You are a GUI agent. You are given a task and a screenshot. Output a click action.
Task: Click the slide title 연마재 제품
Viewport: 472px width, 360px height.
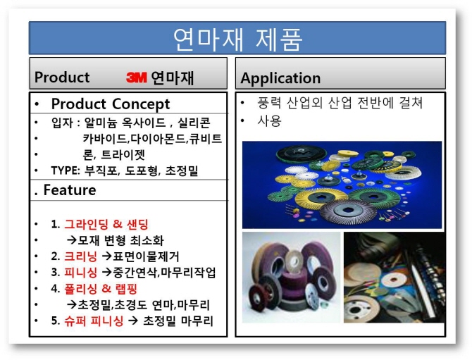237,39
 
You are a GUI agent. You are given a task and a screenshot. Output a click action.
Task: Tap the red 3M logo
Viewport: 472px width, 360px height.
137,77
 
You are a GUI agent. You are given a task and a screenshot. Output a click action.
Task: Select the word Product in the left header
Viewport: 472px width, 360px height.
62,77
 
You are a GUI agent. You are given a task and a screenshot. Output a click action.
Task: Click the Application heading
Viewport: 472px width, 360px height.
280,78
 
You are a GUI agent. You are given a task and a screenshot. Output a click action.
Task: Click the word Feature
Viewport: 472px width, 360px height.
70,190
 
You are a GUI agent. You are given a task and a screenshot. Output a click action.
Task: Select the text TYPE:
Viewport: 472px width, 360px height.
66,170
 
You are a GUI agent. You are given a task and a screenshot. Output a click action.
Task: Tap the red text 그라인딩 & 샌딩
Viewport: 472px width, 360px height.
106,224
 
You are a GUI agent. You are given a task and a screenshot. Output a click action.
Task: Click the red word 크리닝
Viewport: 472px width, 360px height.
81,256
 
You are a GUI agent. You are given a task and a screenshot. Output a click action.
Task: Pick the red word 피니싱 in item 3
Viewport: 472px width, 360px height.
81,272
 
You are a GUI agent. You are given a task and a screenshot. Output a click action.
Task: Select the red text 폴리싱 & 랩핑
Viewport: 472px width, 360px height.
101,288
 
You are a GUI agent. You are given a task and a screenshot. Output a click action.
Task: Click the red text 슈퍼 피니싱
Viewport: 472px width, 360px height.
94,321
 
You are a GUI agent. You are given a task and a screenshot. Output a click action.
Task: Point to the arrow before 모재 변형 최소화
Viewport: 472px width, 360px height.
72,240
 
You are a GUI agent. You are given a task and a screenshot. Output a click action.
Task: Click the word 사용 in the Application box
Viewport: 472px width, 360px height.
269,120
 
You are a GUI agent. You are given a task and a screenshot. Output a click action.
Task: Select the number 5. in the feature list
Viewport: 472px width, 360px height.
56,321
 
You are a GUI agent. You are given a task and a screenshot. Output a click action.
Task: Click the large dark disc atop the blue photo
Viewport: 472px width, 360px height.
301,154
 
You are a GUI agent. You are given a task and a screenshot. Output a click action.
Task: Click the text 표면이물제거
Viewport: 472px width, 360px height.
146,256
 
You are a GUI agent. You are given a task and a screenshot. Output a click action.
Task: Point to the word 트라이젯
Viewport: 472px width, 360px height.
123,154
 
